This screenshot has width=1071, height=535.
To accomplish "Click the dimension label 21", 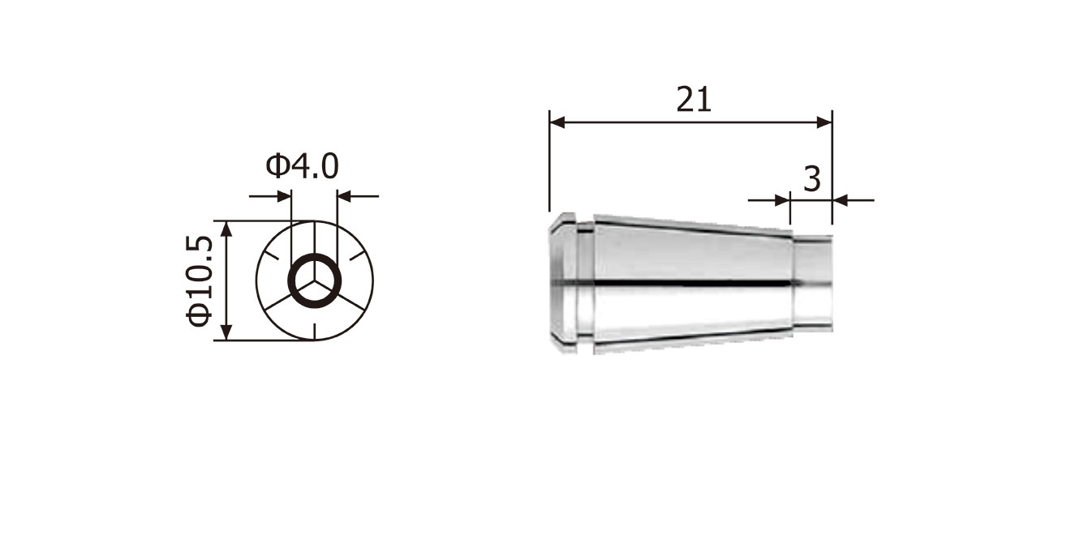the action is (694, 100).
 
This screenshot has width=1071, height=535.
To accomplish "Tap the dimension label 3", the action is (812, 180).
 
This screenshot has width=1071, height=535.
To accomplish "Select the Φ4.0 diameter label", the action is (302, 166).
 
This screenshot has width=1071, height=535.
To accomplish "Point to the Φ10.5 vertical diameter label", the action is (199, 280).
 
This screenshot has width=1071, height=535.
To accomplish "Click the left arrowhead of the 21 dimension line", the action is (557, 122).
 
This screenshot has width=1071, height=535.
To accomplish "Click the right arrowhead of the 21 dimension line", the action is (824, 122).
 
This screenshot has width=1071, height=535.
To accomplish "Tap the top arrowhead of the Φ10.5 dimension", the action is (227, 229).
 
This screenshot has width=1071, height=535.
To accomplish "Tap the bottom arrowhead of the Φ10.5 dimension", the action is (227, 332).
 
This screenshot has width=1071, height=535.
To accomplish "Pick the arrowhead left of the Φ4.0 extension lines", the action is (283, 196).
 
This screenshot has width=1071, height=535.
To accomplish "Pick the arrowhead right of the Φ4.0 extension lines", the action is (345, 196).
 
